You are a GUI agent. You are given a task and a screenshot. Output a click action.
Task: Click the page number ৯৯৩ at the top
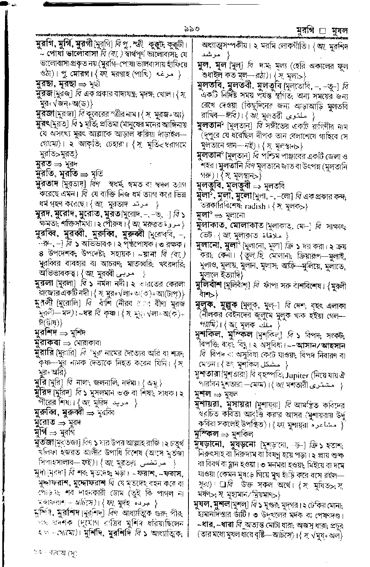(191, 29)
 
